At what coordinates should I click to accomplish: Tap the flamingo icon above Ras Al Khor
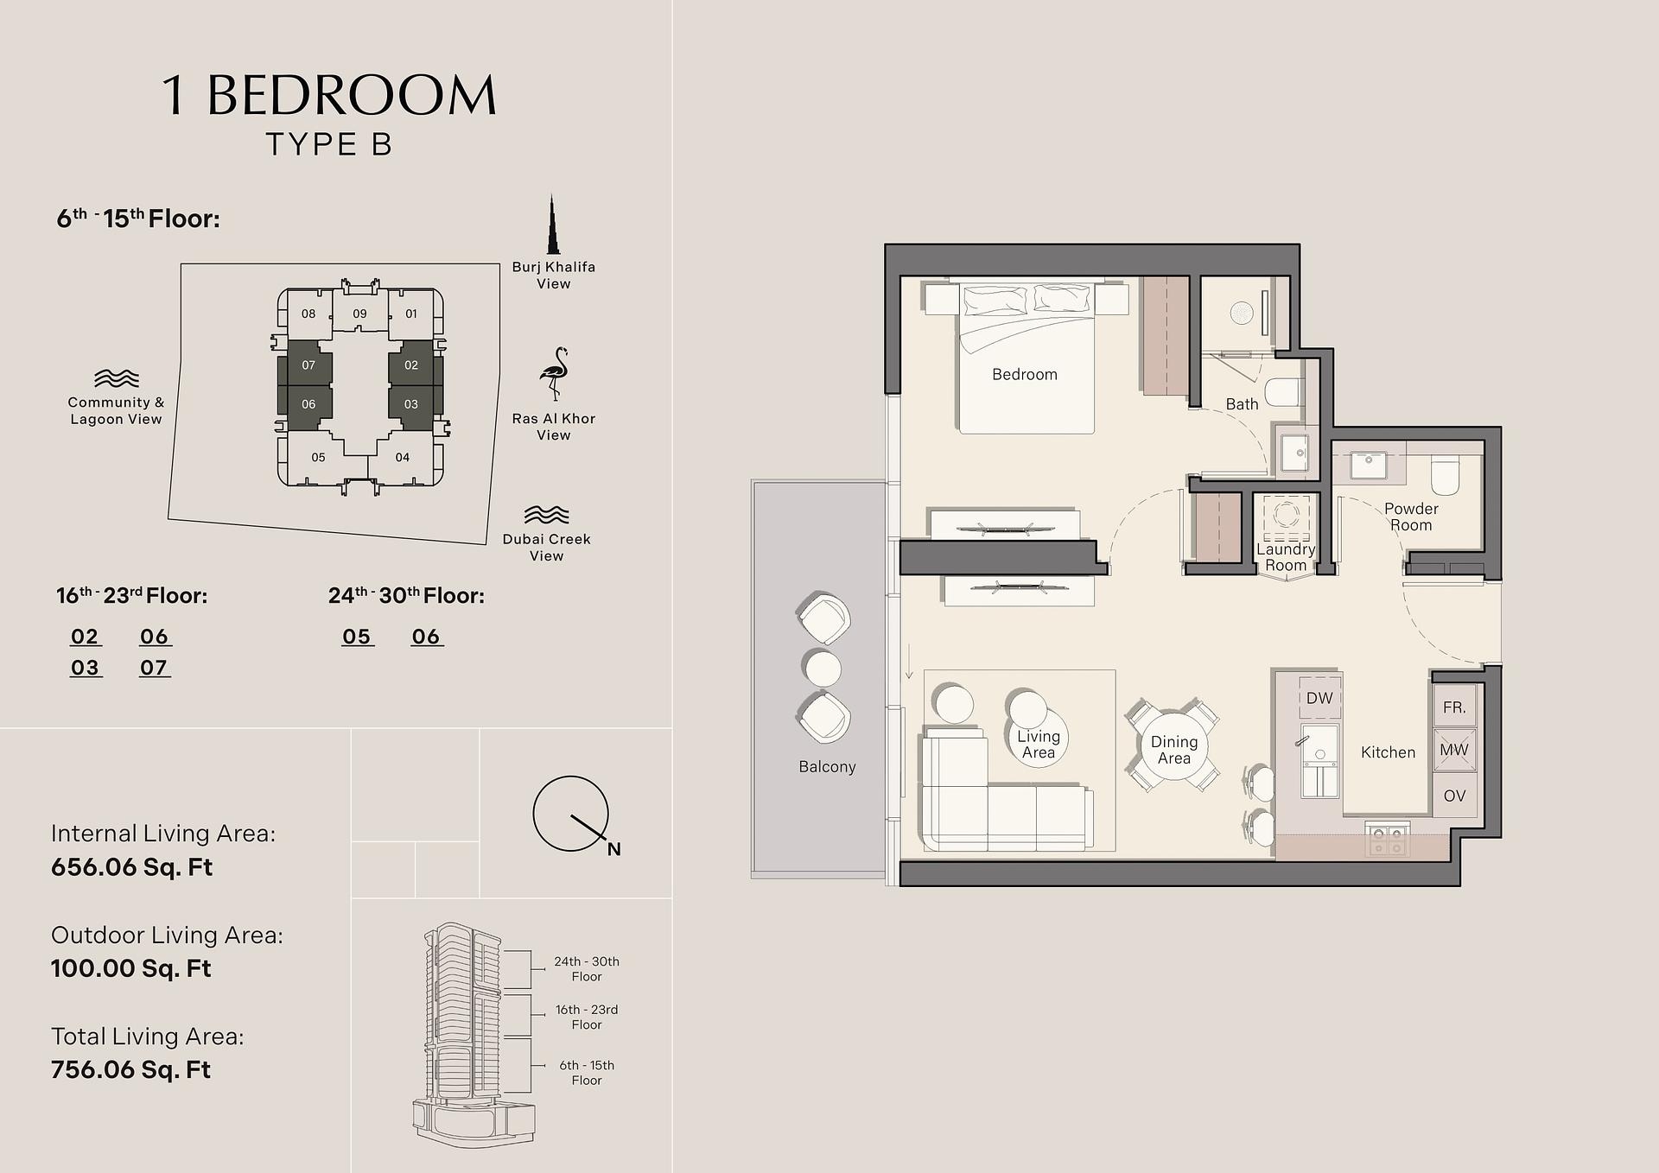click(554, 374)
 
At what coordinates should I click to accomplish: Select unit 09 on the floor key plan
click(359, 314)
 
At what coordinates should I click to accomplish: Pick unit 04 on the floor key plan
click(402, 458)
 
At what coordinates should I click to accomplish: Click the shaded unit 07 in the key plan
click(308, 365)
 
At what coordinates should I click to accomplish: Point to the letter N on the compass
click(613, 849)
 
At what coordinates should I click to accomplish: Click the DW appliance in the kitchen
click(1319, 698)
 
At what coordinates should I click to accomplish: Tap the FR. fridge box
click(1454, 707)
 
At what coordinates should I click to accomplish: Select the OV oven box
click(1454, 796)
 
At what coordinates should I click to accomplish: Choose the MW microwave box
click(1454, 750)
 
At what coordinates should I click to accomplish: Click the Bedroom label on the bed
click(1025, 374)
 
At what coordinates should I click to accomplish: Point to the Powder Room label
click(1411, 517)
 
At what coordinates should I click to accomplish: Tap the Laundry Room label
click(1286, 557)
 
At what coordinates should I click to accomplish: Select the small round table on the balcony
click(822, 669)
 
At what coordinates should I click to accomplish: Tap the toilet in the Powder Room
click(1445, 475)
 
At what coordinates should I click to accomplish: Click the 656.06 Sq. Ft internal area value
click(131, 867)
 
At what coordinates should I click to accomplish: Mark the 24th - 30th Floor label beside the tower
click(587, 969)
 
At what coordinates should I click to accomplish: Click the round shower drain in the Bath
click(1242, 312)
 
